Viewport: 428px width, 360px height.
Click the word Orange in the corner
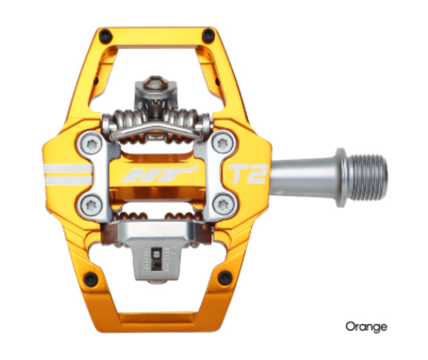366,326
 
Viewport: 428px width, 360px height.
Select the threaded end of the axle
370,176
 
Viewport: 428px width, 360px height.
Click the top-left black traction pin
105,35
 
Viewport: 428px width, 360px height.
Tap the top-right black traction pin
208,35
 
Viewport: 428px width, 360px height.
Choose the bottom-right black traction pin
224,278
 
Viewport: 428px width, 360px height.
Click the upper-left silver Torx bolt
91,143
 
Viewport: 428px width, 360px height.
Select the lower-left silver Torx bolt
91,205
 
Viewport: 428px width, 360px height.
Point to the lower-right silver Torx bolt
222,205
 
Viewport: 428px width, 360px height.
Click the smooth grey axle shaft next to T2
303,175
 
